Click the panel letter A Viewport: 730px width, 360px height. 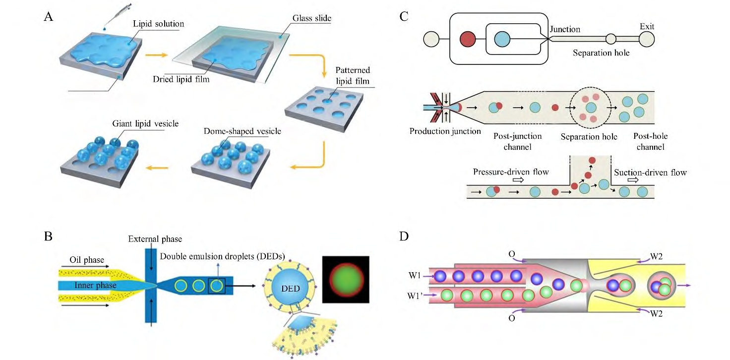point(49,17)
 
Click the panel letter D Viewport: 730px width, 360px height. point(404,236)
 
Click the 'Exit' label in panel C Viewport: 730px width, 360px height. point(647,26)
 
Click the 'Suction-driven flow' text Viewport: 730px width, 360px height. point(651,173)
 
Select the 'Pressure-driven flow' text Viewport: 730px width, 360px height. point(511,173)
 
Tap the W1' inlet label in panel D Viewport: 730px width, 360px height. point(416,296)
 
